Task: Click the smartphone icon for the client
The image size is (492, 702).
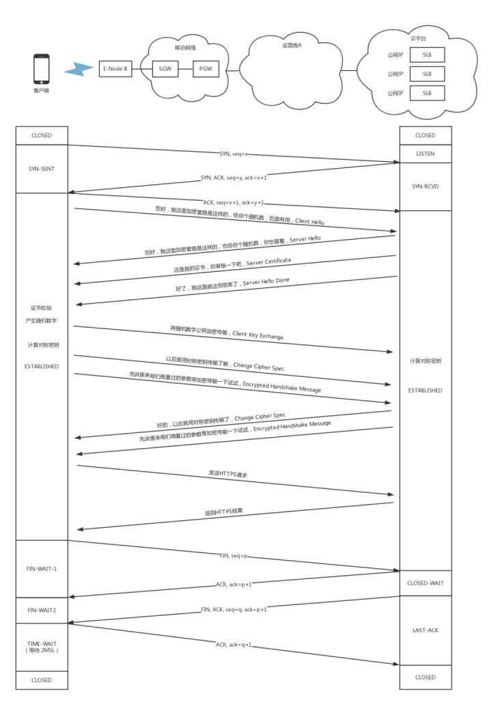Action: click(41, 69)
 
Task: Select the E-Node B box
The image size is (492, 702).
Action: click(115, 68)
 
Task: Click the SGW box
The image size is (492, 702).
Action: click(165, 68)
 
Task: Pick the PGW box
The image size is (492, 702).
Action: click(205, 68)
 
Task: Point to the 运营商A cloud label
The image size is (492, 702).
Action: click(292, 45)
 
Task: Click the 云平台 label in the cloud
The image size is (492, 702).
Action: click(428, 40)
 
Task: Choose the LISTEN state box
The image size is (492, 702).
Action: click(425, 154)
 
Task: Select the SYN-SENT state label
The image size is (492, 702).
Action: click(42, 168)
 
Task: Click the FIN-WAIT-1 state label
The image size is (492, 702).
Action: click(42, 567)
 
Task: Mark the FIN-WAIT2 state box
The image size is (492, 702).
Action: click(42, 610)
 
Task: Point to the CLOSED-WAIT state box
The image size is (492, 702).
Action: click(425, 583)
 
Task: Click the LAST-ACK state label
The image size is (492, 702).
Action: click(425, 630)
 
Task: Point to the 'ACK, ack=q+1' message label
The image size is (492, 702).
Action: click(234, 644)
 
